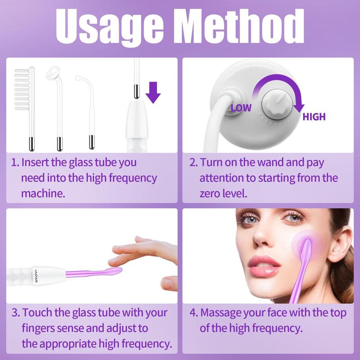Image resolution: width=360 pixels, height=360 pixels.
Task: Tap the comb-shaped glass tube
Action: [x=25, y=108]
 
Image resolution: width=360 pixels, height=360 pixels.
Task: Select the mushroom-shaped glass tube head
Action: [x=53, y=73]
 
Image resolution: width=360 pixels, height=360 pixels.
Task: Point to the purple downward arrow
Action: [x=153, y=92]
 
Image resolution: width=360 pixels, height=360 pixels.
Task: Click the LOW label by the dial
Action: [x=241, y=108]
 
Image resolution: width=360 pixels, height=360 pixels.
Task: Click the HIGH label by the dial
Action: [x=314, y=117]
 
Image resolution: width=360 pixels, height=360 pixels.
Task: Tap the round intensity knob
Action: [x=277, y=105]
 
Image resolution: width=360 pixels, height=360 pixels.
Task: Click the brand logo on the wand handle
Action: [x=36, y=276]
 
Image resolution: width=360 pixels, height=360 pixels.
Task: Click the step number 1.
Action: [x=15, y=162]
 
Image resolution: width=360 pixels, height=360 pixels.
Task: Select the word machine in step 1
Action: [x=43, y=193]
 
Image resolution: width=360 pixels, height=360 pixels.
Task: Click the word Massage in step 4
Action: [x=221, y=313]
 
